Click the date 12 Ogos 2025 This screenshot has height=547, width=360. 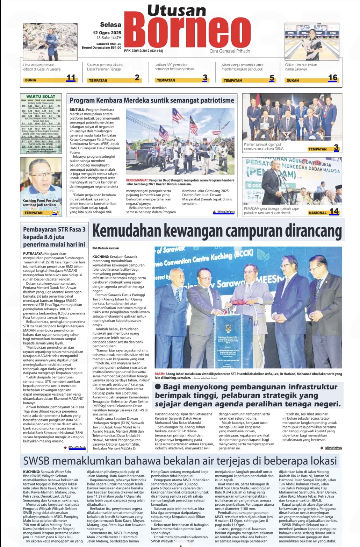click(x=107, y=33)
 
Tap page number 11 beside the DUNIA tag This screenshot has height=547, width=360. click(x=71, y=78)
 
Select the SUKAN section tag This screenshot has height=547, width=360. click(x=293, y=80)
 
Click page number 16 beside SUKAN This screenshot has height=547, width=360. click(x=332, y=78)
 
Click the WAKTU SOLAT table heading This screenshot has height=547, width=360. click(x=41, y=97)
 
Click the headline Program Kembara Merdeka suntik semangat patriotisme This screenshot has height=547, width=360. click(x=152, y=100)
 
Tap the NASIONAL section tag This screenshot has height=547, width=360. click(x=317, y=213)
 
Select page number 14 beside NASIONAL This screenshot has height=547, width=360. click(x=334, y=211)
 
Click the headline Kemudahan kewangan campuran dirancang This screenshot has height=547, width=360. click(x=217, y=231)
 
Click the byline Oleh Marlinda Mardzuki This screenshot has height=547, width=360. click(x=106, y=248)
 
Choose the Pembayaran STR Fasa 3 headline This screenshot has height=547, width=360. click(x=54, y=237)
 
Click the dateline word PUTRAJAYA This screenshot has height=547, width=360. click(x=33, y=254)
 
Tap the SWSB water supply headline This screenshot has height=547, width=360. click(x=180, y=461)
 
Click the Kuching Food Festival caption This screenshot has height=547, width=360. click(x=41, y=203)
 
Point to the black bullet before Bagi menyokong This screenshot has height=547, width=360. click(x=158, y=386)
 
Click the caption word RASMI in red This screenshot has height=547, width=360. click(x=159, y=374)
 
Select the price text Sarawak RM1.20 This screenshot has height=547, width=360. click(x=109, y=44)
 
